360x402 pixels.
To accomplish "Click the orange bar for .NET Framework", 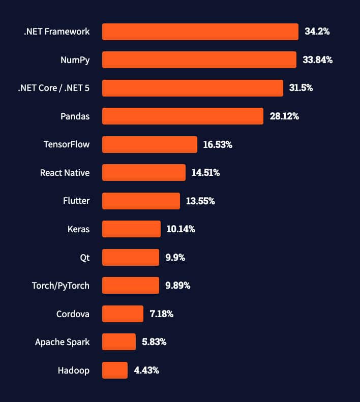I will click(200, 32).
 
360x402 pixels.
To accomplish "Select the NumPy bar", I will click(199, 60).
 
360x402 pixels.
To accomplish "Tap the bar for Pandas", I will click(183, 116).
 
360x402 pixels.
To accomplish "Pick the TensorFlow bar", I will click(149, 145).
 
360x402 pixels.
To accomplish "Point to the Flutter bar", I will click(141, 201).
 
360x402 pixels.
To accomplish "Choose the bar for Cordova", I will click(123, 314).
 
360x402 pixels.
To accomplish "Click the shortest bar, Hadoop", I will click(115, 370).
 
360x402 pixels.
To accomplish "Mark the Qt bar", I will click(131, 257).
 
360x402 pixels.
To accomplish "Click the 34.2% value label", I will click(317, 32).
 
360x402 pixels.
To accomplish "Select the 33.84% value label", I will click(317, 60).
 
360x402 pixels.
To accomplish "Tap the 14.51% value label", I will click(205, 173).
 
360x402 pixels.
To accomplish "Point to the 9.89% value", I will click(177, 286).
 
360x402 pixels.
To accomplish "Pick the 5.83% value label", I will click(154, 342).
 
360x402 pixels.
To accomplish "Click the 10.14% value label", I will click(181, 229).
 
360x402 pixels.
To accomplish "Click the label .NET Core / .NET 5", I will click(53, 88).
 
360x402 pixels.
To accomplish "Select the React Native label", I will click(65, 173).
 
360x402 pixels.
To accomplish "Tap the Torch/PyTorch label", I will click(61, 286).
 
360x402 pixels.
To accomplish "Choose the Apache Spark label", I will click(62, 342).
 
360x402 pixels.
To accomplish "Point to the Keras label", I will click(78, 229).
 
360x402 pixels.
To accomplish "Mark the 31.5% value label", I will click(301, 88).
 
